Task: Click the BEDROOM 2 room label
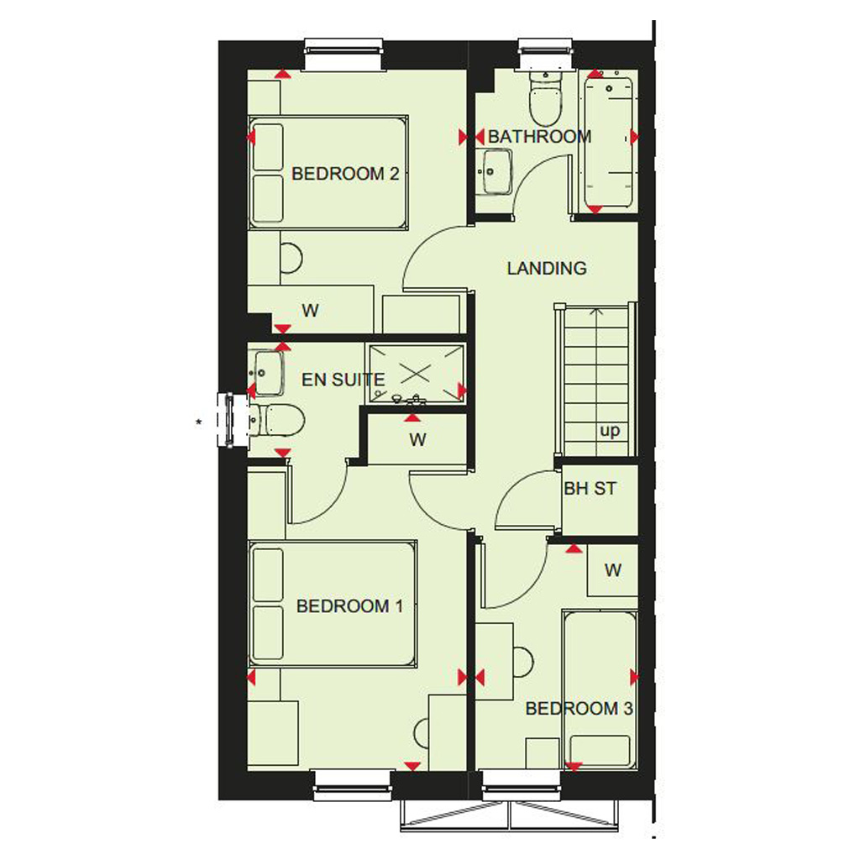pyautogui.click(x=345, y=174)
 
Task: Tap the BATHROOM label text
pyautogui.click(x=540, y=137)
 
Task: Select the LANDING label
pyautogui.click(x=547, y=268)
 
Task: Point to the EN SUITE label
pyautogui.click(x=343, y=380)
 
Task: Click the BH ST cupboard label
pyautogui.click(x=590, y=488)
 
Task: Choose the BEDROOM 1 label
pyautogui.click(x=350, y=606)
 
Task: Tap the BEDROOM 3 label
pyautogui.click(x=579, y=709)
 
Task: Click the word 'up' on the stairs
pyautogui.click(x=610, y=431)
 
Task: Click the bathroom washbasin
pyautogui.click(x=494, y=171)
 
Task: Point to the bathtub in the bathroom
pyautogui.click(x=608, y=141)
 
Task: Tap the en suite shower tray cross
pyautogui.click(x=415, y=374)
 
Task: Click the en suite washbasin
pyautogui.click(x=267, y=373)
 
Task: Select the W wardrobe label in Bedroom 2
pyautogui.click(x=310, y=311)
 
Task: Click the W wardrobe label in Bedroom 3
pyautogui.click(x=612, y=570)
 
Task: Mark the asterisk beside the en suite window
pyautogui.click(x=198, y=422)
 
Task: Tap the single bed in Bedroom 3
pyautogui.click(x=600, y=690)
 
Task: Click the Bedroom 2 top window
pyautogui.click(x=343, y=54)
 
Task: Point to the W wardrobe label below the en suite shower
pyautogui.click(x=417, y=440)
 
